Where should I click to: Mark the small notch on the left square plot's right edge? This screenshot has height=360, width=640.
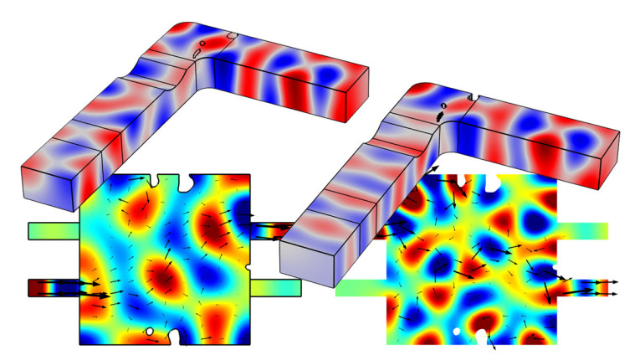coord(248,217)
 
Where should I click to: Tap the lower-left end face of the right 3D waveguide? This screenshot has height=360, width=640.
coord(310,252)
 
